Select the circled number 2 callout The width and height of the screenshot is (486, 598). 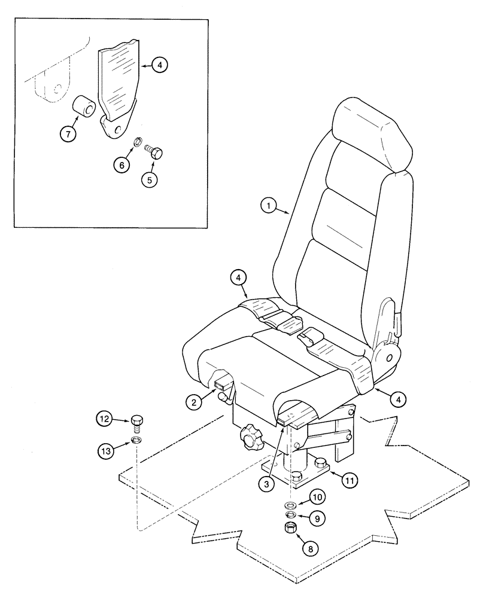pyautogui.click(x=193, y=402)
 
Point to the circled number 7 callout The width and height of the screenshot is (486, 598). pyautogui.click(x=69, y=135)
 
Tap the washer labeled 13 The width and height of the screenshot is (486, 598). pyautogui.click(x=137, y=441)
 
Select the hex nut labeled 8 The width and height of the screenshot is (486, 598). pyautogui.click(x=291, y=528)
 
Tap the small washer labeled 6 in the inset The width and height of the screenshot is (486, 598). pyautogui.click(x=136, y=142)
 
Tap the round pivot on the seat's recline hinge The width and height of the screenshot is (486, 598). pyautogui.click(x=388, y=357)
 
